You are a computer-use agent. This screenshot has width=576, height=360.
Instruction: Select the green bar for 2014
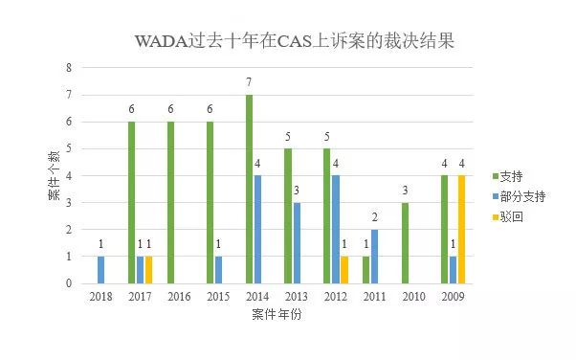249,189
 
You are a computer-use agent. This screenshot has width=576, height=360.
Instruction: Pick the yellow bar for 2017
148,270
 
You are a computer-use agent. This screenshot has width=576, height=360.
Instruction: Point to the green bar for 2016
170,202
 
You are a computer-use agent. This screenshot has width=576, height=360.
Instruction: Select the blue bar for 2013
296,243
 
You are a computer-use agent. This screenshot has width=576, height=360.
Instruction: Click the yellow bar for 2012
344,270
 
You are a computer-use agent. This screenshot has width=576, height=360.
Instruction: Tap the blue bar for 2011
374,257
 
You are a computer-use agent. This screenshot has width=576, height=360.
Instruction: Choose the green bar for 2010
405,243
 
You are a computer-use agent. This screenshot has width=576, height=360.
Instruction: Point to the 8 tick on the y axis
68,68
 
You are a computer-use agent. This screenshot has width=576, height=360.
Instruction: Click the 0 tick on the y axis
68,283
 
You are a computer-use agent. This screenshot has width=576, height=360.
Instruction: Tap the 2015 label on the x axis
217,298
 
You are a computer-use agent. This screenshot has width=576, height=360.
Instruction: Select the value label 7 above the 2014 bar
249,83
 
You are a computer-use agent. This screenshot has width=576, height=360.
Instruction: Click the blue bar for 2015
218,270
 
